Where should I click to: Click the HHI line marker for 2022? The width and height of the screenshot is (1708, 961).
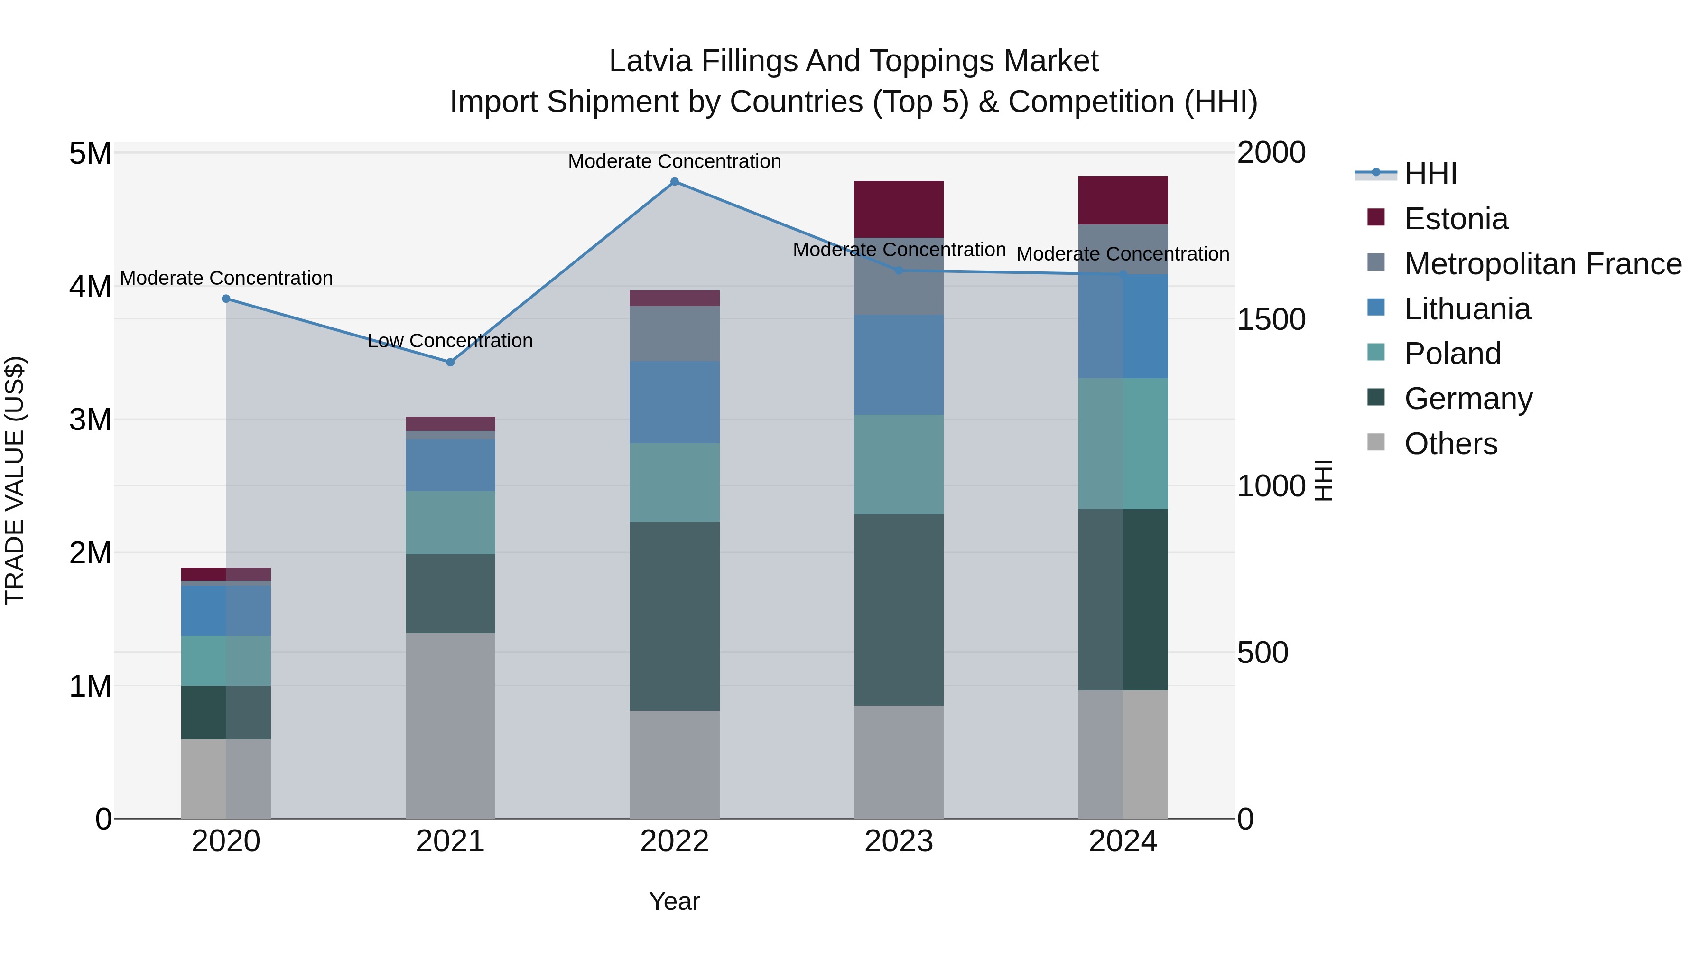[674, 182]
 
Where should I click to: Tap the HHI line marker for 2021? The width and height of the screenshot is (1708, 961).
[450, 362]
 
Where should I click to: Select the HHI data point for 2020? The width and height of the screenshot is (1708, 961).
[226, 299]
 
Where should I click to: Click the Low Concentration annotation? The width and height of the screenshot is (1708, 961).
[450, 341]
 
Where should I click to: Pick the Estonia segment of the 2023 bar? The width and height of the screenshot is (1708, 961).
[899, 209]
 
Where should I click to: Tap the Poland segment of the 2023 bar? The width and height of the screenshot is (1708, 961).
[899, 464]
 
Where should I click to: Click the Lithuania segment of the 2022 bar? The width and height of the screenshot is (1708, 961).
[674, 402]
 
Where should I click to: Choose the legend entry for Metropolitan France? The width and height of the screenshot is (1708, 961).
[1542, 264]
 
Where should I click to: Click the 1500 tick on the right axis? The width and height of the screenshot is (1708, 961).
[1271, 320]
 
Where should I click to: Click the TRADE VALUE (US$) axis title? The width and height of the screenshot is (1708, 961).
[15, 481]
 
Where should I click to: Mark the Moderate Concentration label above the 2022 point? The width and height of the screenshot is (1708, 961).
[674, 161]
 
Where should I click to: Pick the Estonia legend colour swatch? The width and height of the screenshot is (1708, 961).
[1376, 217]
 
